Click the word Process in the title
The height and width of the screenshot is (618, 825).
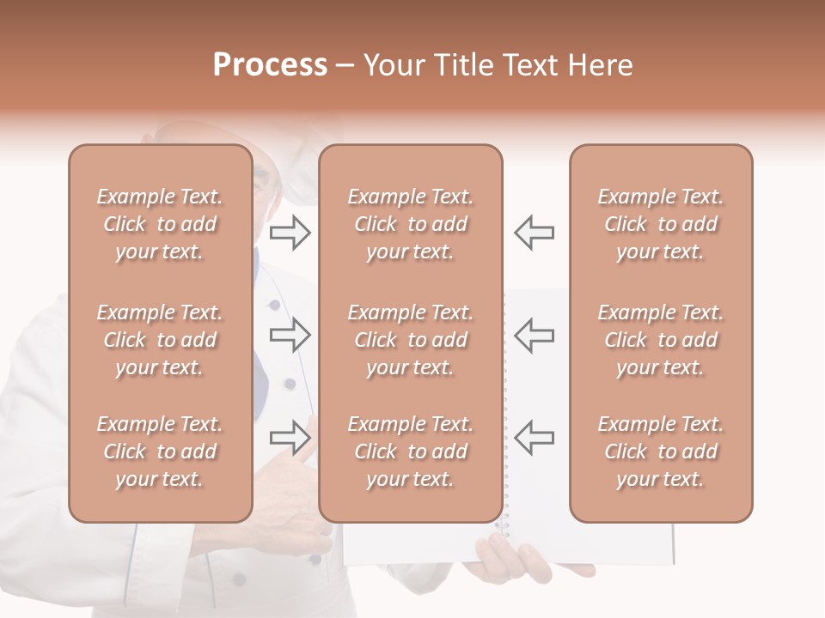pos(270,65)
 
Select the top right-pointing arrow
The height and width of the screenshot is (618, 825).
pos(290,233)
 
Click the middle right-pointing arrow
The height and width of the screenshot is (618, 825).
pos(290,336)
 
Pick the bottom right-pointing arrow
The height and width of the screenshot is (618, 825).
pos(290,438)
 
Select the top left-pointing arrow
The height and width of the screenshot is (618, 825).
pos(534,233)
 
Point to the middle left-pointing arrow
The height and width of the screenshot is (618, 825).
pos(534,336)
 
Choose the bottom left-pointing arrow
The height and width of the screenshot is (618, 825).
pos(534,438)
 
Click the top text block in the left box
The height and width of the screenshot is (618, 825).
pos(160,224)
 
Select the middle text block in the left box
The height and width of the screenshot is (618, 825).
pos(160,340)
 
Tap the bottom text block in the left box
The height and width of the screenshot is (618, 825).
pos(160,451)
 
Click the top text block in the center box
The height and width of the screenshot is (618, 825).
pos(411,224)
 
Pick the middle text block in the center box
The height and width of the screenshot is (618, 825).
pos(411,340)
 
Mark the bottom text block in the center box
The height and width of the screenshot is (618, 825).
pos(411,451)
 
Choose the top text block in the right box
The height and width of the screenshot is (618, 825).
pos(661,224)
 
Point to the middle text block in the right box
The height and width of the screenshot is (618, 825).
pos(661,340)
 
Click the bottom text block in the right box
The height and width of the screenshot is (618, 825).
pos(661,451)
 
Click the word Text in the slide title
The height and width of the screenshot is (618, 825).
pos(527,65)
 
